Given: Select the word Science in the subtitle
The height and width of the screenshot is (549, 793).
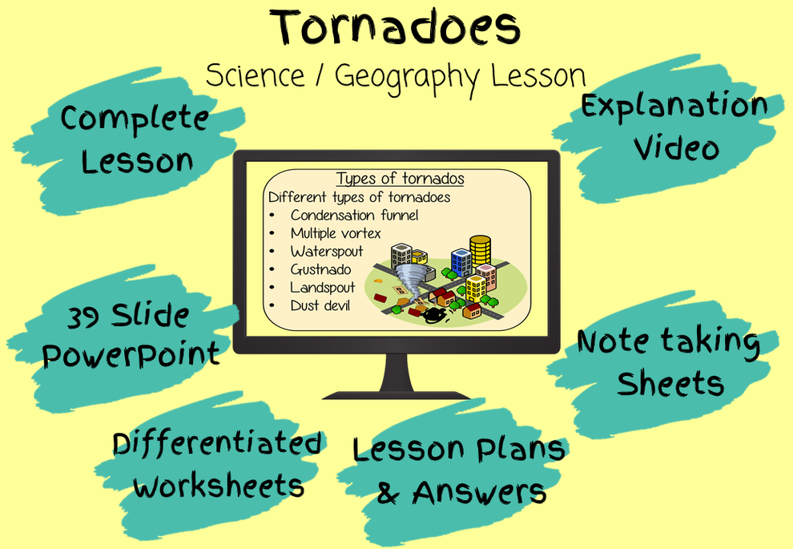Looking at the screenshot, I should tap(255, 76).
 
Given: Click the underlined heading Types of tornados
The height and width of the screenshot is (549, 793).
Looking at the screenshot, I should tap(400, 178).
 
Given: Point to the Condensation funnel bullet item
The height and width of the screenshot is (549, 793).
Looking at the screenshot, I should tap(354, 215).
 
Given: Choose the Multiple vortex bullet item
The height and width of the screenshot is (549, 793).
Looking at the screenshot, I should tap(336, 233).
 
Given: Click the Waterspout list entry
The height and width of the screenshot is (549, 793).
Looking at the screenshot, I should tap(327, 252).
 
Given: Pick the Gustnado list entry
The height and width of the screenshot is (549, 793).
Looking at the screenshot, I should tap(320, 269).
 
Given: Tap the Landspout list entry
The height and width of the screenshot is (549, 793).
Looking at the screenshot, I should tap(323, 287).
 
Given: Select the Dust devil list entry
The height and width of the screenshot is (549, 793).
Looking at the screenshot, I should tap(320, 305).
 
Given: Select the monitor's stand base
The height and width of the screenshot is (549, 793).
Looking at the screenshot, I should tap(396, 392).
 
